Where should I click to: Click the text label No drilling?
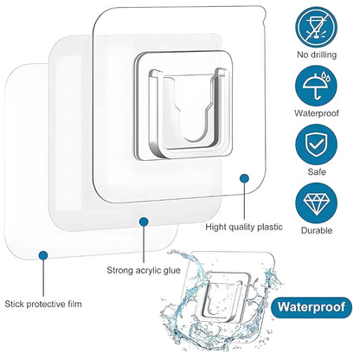317,54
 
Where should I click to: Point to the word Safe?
317,172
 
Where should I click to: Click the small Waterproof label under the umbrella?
317,112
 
